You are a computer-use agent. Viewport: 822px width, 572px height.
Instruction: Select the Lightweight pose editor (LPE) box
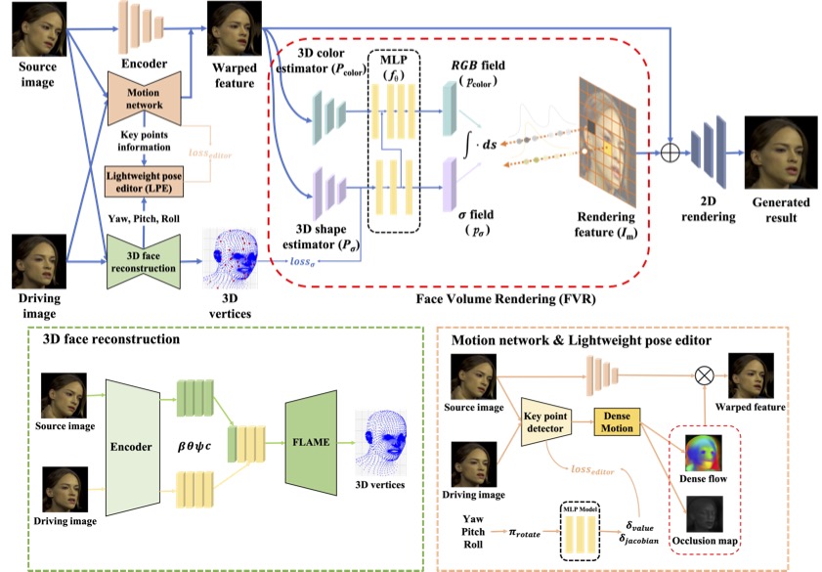pos(144,179)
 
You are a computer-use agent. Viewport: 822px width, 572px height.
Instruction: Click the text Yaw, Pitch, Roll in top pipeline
pos(144,217)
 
